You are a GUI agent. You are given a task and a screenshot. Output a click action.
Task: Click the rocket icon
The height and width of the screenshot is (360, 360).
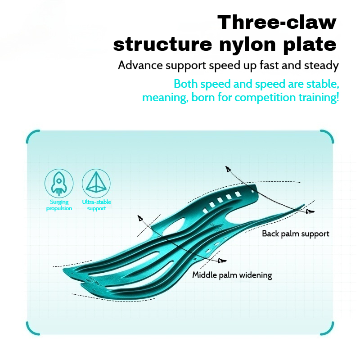point(59,184)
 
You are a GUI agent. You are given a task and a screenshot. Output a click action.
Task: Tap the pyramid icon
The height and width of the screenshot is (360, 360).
point(96,184)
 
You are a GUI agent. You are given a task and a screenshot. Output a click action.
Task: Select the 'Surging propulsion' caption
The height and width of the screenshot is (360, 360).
point(59,205)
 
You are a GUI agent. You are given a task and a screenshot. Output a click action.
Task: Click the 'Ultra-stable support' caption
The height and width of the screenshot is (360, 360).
point(96,205)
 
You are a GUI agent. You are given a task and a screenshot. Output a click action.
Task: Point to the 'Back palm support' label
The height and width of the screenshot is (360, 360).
point(296,234)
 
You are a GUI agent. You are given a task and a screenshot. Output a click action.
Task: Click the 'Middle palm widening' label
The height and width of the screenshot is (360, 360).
point(232,275)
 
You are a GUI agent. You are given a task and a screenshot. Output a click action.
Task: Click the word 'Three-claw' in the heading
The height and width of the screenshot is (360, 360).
point(277,22)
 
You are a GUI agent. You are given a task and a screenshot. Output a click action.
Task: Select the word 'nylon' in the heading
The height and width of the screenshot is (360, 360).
point(247,45)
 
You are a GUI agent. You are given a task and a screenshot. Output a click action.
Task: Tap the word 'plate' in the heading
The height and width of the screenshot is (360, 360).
point(310,45)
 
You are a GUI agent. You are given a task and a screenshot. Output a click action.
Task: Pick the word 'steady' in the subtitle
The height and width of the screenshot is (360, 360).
point(321,66)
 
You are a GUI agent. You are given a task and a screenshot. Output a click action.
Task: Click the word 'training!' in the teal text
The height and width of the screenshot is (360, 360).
point(319,98)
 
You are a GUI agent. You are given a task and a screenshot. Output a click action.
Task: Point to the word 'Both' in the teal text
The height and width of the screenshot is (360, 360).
point(185,84)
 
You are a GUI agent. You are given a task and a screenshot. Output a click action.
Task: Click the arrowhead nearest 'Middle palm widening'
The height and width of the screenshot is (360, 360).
point(222,261)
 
